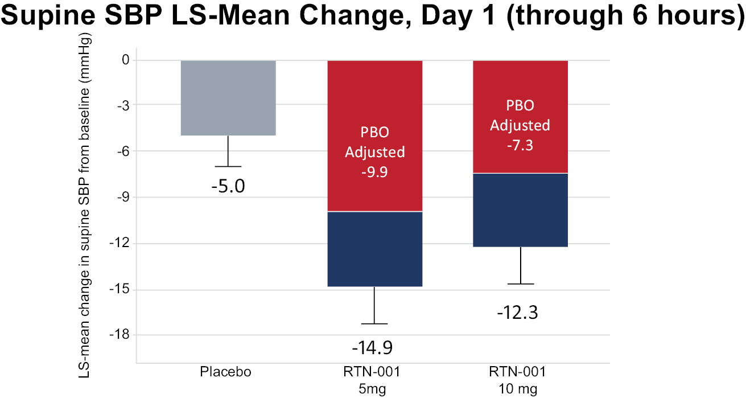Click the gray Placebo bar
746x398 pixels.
click(228, 98)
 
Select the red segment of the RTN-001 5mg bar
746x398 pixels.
click(375, 136)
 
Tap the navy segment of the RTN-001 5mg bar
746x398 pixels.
click(375, 249)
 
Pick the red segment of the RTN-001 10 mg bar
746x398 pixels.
click(521, 117)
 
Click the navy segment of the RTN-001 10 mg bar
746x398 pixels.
click(521, 210)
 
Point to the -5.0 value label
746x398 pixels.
click(228, 186)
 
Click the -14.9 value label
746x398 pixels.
click(372, 348)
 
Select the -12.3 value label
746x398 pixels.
click(518, 313)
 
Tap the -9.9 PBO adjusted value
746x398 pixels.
click(374, 172)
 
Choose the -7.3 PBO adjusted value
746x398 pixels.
click(520, 145)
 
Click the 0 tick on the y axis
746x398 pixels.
click(126, 60)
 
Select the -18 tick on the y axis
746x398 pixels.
click(119, 334)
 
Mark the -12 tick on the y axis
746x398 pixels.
click(119, 243)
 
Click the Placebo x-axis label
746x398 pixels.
click(225, 372)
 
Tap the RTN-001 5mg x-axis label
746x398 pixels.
click(372, 380)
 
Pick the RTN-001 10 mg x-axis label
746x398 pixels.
click(518, 380)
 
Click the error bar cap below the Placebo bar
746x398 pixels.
click(228, 166)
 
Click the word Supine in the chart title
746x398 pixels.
click(48, 16)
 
